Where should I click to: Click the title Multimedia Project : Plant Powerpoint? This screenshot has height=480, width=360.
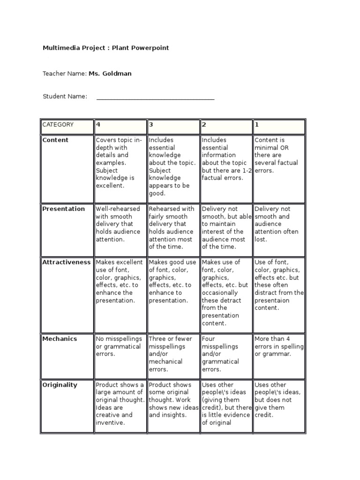(105, 48)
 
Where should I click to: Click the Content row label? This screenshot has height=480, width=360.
(55, 140)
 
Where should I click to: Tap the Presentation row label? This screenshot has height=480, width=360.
(64, 209)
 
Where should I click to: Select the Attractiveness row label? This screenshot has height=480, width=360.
(67, 262)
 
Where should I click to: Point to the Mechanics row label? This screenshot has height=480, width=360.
(60, 339)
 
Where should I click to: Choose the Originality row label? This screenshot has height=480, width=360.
(60, 385)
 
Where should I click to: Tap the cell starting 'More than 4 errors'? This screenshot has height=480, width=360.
(279, 346)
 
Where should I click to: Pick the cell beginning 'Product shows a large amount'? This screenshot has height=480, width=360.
(120, 404)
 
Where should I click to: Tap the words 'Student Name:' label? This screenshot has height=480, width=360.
(65, 97)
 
